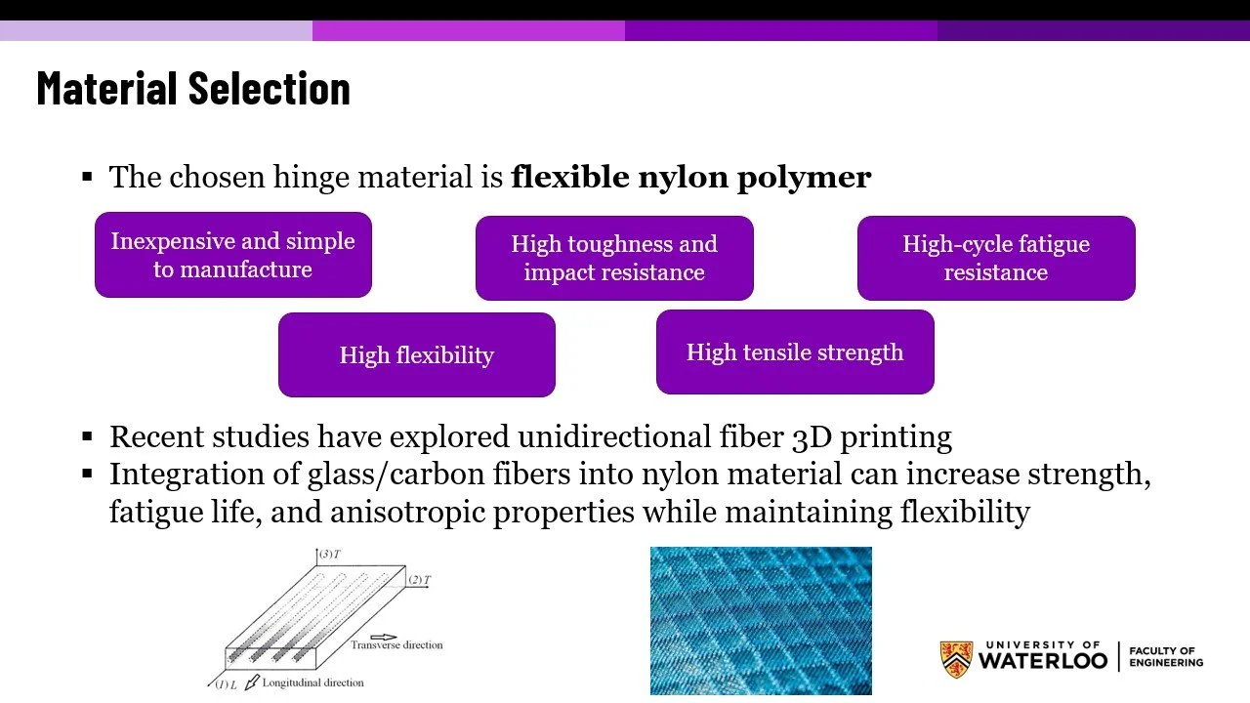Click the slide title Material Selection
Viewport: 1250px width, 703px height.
(x=193, y=89)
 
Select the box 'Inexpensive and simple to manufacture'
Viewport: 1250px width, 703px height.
(x=232, y=255)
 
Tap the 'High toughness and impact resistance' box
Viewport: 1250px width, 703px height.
(x=614, y=258)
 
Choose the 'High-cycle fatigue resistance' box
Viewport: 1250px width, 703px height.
(x=996, y=258)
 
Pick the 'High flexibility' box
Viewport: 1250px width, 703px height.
(x=416, y=354)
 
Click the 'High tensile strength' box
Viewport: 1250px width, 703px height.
(x=795, y=352)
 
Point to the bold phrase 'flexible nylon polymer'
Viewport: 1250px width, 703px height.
(x=690, y=177)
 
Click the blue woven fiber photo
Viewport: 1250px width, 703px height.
(x=761, y=620)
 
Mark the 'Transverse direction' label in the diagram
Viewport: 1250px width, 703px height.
(x=396, y=645)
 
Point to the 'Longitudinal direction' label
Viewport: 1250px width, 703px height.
(x=312, y=682)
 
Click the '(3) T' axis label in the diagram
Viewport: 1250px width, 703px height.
(x=329, y=555)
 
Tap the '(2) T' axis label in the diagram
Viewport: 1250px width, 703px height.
(x=419, y=580)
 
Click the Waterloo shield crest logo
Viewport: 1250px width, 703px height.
(x=956, y=659)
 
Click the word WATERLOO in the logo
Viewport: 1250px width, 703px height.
(x=1042, y=662)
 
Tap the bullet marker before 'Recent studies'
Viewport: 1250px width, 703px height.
(x=87, y=436)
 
